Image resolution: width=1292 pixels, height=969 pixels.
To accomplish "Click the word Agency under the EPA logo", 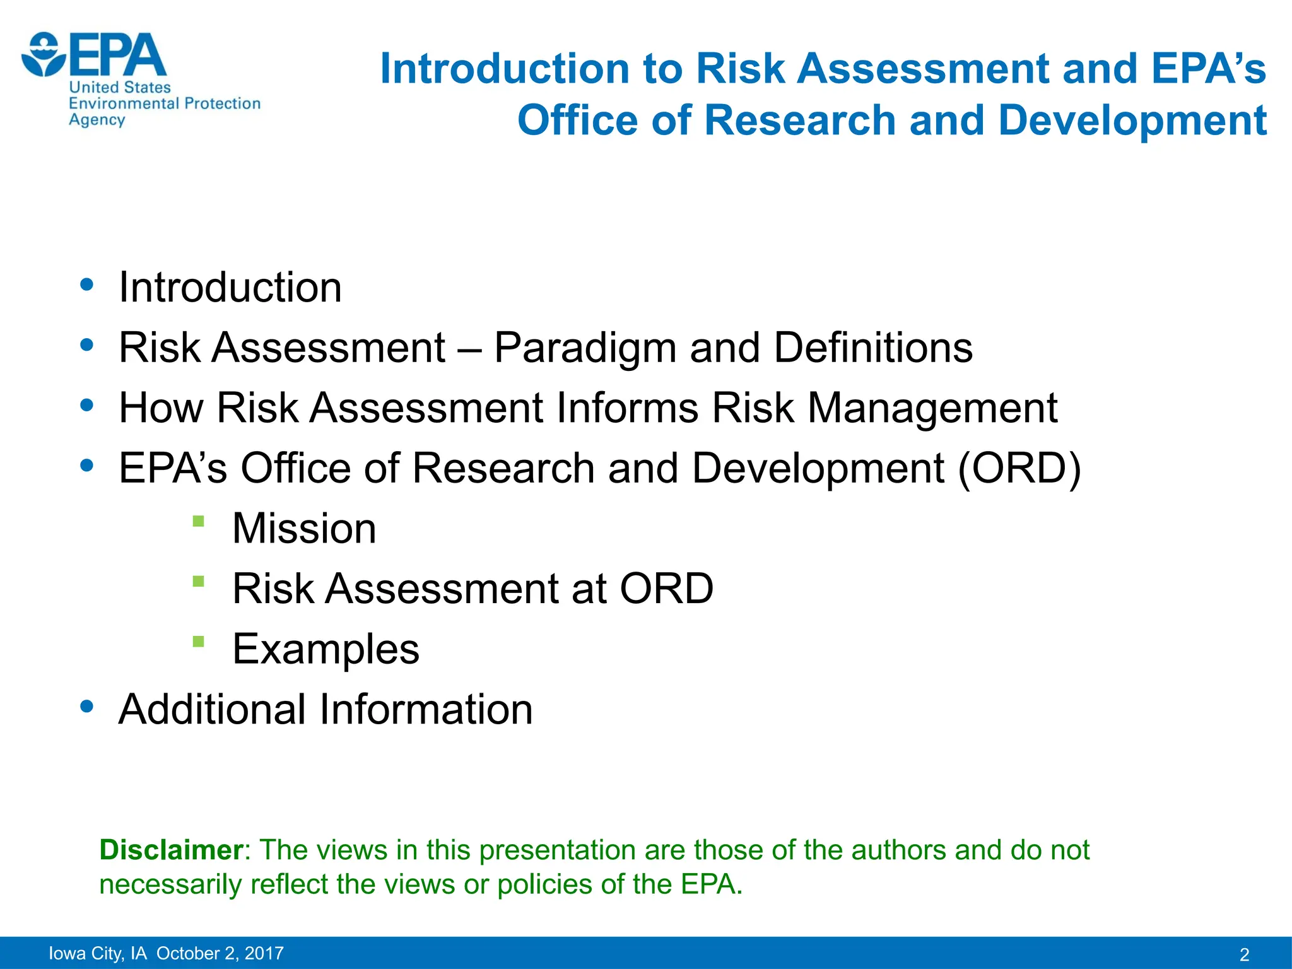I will click(x=97, y=120).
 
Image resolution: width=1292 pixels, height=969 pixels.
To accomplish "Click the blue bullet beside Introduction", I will click(x=87, y=285).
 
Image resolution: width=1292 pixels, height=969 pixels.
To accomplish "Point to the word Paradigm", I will click(x=585, y=348).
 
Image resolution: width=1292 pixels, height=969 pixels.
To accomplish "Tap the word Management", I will click(x=932, y=409).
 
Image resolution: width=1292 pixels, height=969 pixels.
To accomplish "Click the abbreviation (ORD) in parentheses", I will click(x=1019, y=468).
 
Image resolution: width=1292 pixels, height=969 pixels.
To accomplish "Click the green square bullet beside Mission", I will click(x=198, y=521).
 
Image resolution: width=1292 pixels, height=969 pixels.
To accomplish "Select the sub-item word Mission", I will click(x=304, y=529).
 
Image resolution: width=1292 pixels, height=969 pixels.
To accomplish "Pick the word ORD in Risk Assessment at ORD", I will click(x=666, y=589).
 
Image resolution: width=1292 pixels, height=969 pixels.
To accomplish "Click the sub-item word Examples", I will click(x=326, y=649).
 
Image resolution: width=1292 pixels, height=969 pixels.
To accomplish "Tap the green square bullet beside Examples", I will click(x=198, y=642).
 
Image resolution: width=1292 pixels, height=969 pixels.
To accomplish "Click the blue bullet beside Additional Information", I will click(x=87, y=706).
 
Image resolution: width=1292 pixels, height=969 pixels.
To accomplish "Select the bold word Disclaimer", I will click(x=171, y=850).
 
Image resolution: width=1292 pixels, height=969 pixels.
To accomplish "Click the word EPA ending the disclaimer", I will click(x=710, y=884).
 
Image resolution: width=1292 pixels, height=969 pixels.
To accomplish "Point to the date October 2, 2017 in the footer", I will click(x=220, y=953).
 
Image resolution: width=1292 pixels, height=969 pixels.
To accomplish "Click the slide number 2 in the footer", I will click(x=1244, y=954).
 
